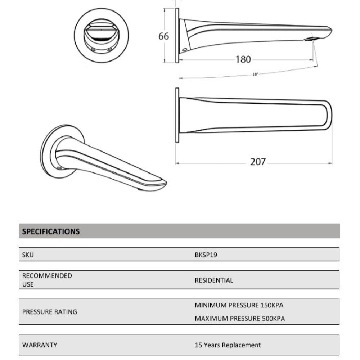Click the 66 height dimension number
coord(163,36)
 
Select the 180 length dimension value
coord(243,59)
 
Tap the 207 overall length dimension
coord(258,162)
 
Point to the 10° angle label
coord(255,75)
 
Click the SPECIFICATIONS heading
coord(51,231)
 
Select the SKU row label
coord(28,255)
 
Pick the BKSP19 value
coord(206,255)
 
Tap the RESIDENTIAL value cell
coord(214,280)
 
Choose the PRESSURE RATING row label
coord(50,312)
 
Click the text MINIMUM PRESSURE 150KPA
coord(239,305)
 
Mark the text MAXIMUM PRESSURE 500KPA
coord(240,319)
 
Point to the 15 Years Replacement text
coord(228,345)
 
